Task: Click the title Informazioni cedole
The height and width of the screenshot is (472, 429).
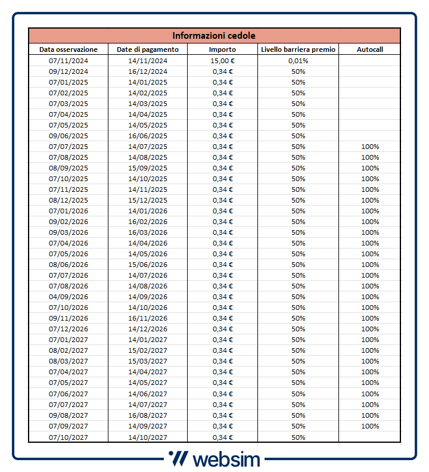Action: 214,35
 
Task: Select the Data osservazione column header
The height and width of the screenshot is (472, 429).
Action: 68,49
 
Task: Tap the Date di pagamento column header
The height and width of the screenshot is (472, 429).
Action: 147,49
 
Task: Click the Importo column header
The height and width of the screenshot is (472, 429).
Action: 222,49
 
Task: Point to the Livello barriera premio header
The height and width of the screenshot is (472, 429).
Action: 298,49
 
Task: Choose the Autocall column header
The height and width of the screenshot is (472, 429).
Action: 369,49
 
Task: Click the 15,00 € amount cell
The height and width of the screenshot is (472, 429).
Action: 222,61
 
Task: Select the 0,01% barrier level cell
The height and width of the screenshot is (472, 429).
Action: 298,61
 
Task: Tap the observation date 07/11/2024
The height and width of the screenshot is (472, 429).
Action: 68,61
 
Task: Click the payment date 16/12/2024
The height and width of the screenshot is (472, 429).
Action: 147,72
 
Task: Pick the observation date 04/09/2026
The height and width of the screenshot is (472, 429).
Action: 68,297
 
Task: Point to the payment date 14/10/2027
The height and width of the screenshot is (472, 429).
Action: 147,437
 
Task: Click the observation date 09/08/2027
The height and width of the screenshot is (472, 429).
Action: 68,415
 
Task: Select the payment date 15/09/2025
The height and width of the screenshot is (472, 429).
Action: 147,168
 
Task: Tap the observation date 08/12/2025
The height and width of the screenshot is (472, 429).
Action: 68,200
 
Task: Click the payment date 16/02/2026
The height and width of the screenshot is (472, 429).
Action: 147,222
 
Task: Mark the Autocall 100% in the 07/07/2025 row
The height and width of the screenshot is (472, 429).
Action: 369,147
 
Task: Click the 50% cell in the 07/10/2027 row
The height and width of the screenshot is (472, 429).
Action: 298,437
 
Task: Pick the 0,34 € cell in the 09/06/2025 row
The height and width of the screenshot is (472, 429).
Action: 222,136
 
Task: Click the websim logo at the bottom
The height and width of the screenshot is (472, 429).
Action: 214,459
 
